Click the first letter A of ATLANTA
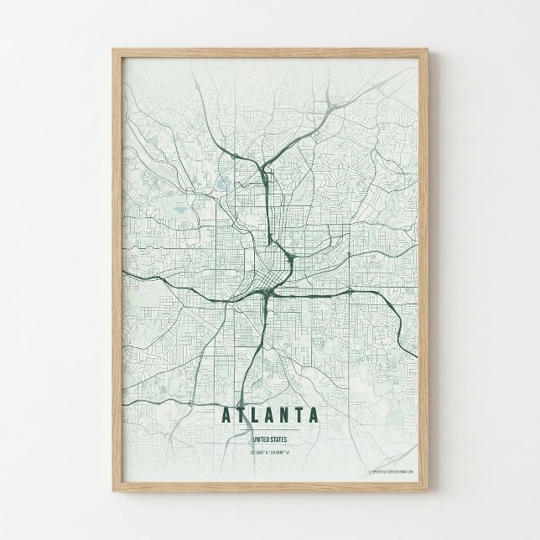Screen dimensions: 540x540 (226, 414)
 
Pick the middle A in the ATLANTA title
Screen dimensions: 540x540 (270, 414)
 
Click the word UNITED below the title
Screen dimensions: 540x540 (261, 438)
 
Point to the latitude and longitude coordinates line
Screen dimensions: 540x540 (269, 454)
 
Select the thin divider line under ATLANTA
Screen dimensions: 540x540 (269, 428)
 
